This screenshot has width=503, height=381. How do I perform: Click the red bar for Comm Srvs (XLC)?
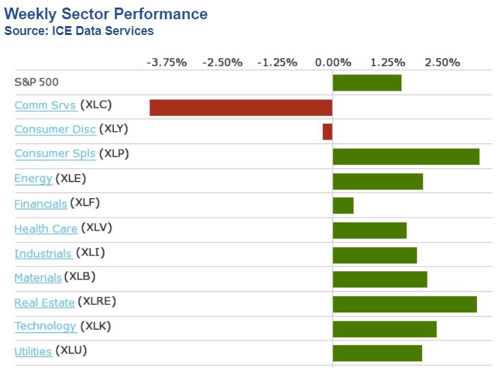pos(241,107)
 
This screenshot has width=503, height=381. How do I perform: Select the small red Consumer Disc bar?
pos(328,131)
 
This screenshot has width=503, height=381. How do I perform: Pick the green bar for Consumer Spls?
pos(406,156)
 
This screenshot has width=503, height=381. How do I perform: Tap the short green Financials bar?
pos(343,205)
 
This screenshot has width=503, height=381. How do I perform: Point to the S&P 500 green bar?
pos(367,82)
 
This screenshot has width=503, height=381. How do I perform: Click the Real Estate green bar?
pos(404,304)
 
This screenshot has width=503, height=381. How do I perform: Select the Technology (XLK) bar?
pos(384,329)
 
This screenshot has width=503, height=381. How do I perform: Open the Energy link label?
pos(33,178)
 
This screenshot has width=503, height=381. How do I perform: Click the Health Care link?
pos(46,229)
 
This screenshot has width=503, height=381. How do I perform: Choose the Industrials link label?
pos(43,253)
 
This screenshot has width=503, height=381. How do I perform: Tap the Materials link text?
pos(38,277)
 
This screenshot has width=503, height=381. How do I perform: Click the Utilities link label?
pos(33,351)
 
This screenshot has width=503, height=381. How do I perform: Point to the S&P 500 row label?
pos(36,82)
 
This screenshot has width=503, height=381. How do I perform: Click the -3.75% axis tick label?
pos(167,62)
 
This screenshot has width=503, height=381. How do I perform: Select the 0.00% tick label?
pos(332,62)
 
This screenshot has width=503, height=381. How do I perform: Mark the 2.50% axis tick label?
pos(442,62)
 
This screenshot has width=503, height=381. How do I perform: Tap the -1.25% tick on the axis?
pos(277,62)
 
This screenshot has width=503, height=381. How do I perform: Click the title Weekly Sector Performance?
pos(106,14)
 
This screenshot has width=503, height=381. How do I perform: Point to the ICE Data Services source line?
pos(79,31)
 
